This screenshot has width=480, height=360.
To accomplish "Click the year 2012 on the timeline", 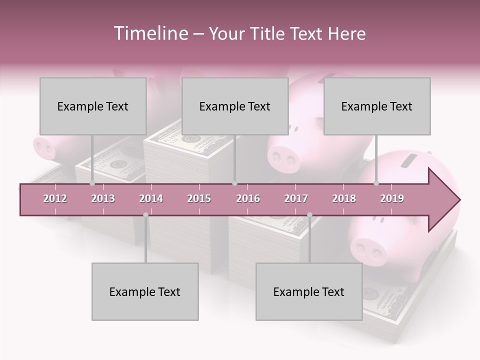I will [x=55, y=198].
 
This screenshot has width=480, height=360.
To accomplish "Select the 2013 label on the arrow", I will [x=103, y=198].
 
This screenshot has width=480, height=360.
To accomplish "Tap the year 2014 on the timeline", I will [x=151, y=198].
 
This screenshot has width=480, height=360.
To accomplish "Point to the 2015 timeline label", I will [x=199, y=198].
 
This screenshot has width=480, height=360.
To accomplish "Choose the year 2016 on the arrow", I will [x=248, y=198].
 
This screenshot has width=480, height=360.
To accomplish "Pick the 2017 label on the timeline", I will [x=296, y=198].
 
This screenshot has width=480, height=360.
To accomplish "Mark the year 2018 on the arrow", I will [x=344, y=198].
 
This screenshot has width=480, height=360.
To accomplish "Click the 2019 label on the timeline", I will [x=392, y=198].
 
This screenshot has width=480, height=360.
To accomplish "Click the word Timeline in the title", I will [x=150, y=33].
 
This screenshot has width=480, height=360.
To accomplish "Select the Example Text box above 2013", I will [x=93, y=106].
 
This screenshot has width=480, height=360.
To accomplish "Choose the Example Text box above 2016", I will [x=235, y=106].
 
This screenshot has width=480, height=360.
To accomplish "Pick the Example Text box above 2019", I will [x=377, y=106].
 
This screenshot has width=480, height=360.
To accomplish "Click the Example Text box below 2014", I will [x=145, y=292].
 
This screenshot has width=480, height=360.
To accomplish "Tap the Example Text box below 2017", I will [x=309, y=292].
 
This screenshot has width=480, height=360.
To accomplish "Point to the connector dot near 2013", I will [x=92, y=183].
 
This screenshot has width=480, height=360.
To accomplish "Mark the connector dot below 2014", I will [x=145, y=215].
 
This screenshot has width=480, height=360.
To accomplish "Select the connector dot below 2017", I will [x=309, y=215].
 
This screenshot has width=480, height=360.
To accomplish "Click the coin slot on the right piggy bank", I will [x=409, y=161].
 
